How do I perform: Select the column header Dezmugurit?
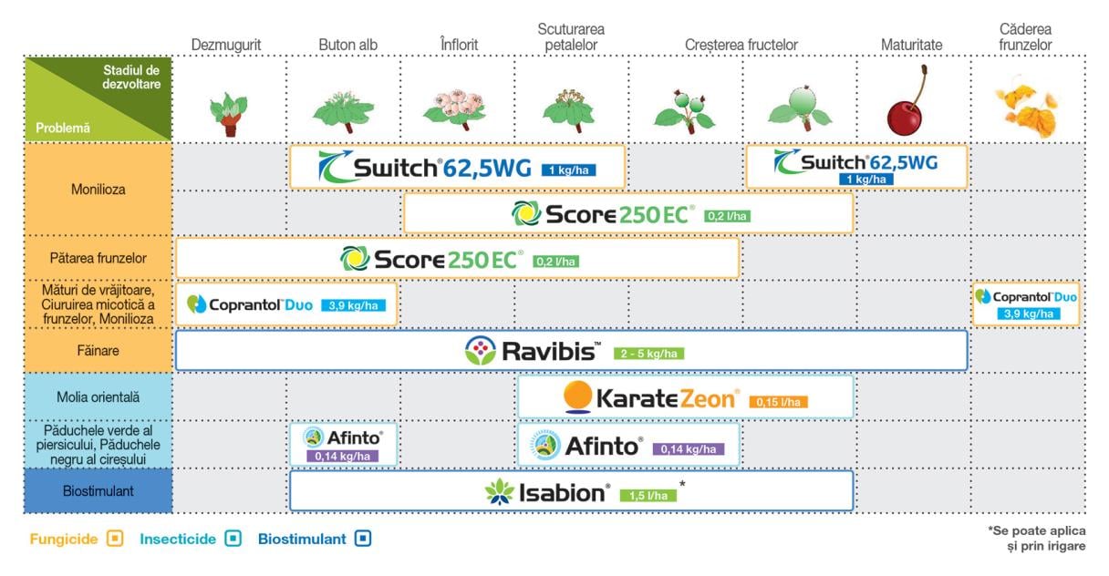click(x=226, y=45)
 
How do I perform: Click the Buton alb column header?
click(x=347, y=45)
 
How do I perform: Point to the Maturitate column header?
click(x=911, y=45)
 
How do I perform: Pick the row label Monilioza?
click(x=98, y=189)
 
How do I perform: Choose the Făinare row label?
click(x=98, y=350)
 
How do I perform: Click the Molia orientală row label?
click(x=98, y=396)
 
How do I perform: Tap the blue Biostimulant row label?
click(x=98, y=491)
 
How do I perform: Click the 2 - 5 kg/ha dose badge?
click(x=648, y=354)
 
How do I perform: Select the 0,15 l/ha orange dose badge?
click(x=778, y=402)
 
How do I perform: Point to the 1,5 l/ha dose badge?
click(x=648, y=495)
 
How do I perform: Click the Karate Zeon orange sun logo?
click(x=578, y=396)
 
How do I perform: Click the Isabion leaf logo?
click(x=500, y=491)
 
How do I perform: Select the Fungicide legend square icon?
click(x=115, y=538)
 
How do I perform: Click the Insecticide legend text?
click(x=178, y=539)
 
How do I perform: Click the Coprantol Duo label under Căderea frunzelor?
click(x=1026, y=304)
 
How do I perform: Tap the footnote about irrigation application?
click(x=1037, y=538)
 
